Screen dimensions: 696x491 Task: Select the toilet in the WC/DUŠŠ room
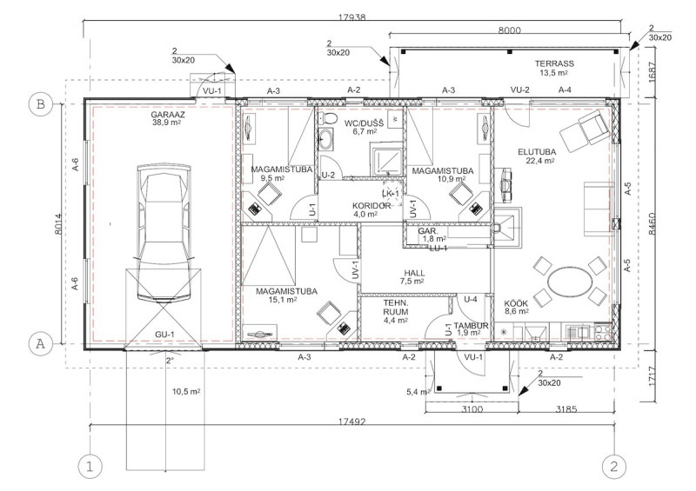329,118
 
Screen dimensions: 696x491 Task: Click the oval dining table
571,282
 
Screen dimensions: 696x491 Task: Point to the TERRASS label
554,63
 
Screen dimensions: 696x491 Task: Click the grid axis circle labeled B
40,104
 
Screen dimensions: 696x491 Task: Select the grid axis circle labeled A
40,343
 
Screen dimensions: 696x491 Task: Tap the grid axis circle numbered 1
90,467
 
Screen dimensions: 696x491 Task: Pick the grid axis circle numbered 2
614,467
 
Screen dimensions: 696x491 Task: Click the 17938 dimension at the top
352,17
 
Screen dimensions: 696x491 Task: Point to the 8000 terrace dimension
509,30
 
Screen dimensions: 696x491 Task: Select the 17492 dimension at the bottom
352,421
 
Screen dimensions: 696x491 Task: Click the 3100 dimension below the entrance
472,409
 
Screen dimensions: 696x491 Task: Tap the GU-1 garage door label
164,335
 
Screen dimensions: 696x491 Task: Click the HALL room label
414,273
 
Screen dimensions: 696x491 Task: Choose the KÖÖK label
516,303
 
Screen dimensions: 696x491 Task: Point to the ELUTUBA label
537,152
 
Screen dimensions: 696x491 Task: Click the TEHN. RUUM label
396,308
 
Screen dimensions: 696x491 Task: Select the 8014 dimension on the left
59,224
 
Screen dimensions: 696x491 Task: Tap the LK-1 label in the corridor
391,194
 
